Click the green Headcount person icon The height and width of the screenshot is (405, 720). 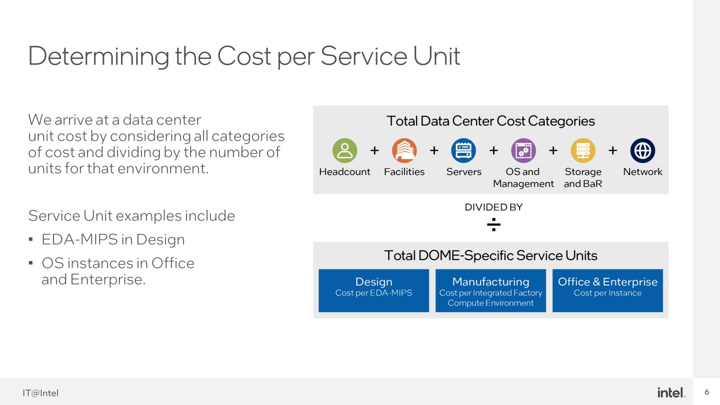point(344,150)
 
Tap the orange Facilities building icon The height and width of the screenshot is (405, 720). point(404,150)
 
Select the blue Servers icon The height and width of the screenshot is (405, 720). point(463,150)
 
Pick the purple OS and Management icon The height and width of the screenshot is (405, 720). point(523,150)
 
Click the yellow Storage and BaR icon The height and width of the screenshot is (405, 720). point(583,150)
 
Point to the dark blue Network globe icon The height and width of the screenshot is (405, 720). point(642,150)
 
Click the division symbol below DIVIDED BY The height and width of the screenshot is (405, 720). point(493,224)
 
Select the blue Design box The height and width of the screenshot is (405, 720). point(374,290)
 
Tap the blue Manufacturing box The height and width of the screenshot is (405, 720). point(491,290)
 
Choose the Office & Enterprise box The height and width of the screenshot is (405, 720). point(608,290)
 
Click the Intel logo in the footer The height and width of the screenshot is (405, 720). point(671,392)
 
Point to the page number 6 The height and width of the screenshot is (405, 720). point(707,392)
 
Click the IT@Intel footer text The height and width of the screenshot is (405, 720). point(40,393)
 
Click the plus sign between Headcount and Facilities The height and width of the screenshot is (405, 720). point(374,150)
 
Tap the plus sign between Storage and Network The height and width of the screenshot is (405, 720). point(613,150)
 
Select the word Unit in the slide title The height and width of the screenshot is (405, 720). point(436,56)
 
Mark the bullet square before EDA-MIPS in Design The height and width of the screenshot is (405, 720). point(31,239)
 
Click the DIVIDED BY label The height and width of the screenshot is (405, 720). point(493,207)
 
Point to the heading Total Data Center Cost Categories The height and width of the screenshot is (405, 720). point(490,121)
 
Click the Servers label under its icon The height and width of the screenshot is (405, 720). point(464,171)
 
